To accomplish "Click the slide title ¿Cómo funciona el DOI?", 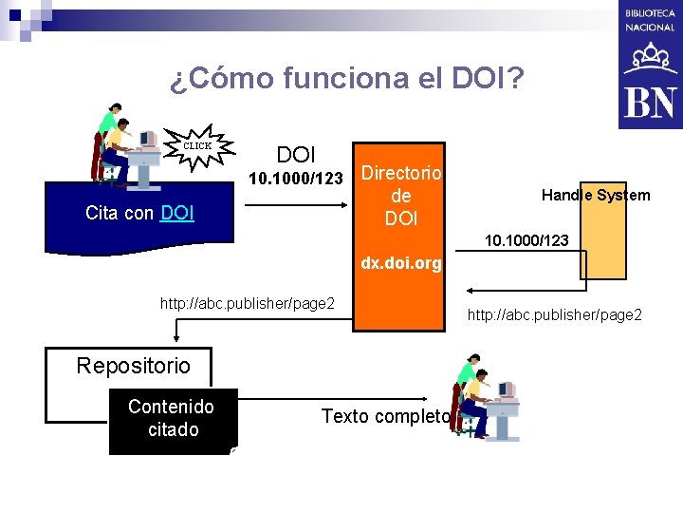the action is coord(347,78).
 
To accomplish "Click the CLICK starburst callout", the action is coord(197,146).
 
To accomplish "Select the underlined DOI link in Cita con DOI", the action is coord(178,214).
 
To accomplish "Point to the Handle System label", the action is coord(596,195).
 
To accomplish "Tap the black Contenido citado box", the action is coord(171,419).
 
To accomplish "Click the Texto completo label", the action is coord(385,416).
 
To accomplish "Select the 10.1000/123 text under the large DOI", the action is coord(295,179).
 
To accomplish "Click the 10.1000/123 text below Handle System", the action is coord(527,241).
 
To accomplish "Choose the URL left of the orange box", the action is coord(248,303).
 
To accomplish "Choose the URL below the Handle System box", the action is coord(555,313).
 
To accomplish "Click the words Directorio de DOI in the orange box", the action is coord(401,196).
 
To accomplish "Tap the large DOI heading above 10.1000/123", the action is coord(296,154).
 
